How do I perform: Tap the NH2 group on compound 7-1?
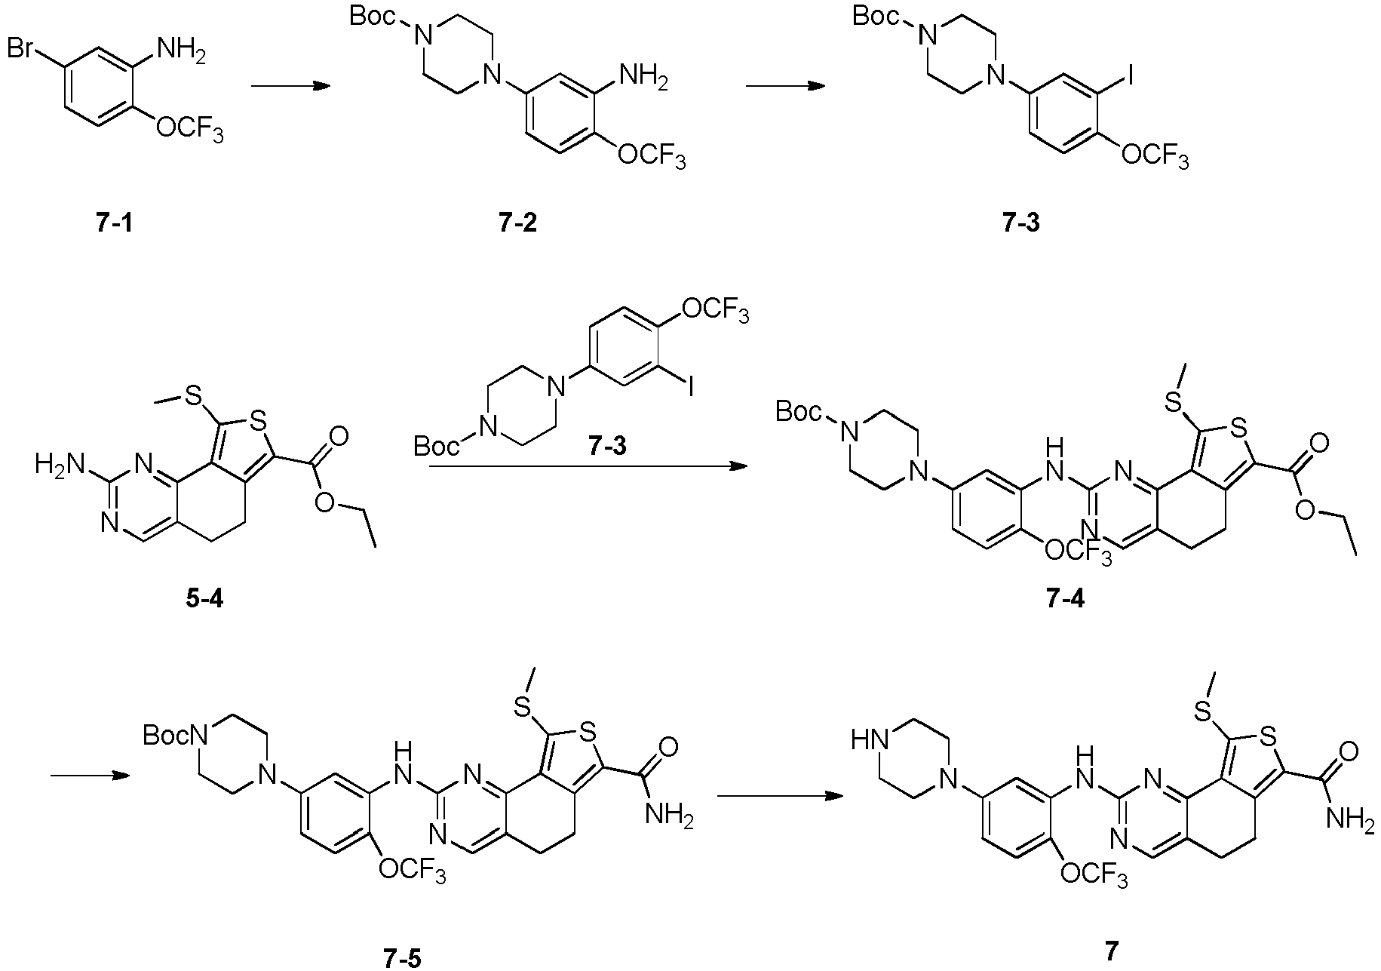tap(179, 52)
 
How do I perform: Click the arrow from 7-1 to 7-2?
tap(291, 86)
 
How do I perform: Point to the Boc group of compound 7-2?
tap(375, 17)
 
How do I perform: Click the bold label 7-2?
tap(517, 224)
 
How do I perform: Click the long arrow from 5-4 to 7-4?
tap(588, 466)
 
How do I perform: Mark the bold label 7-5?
tap(400, 959)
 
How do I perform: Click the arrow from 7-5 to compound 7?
tap(779, 796)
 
